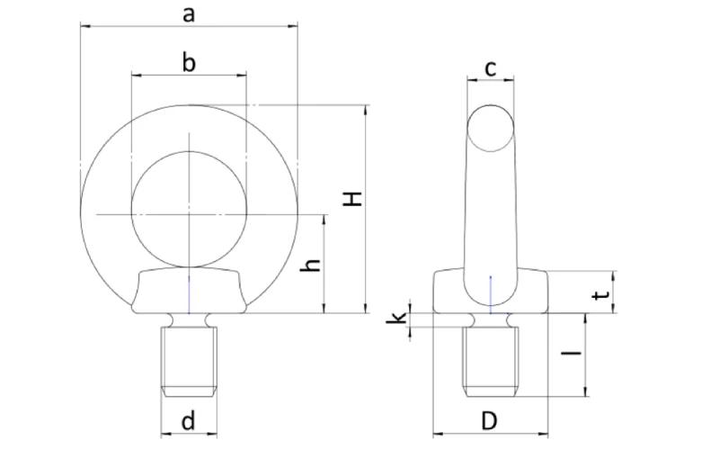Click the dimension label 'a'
click(x=189, y=13)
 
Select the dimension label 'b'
click(x=189, y=62)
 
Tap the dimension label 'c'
click(x=491, y=67)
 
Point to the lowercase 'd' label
click(x=189, y=420)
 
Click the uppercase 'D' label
click(x=490, y=420)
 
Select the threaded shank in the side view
click(x=491, y=360)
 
